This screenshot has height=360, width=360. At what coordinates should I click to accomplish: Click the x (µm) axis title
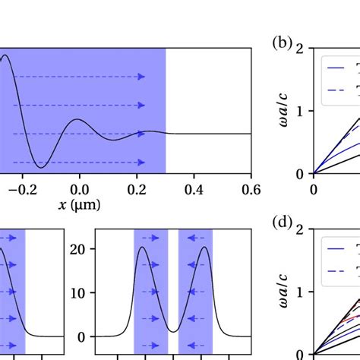[x=77, y=204]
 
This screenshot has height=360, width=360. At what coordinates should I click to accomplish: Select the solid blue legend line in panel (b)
[x=336, y=68]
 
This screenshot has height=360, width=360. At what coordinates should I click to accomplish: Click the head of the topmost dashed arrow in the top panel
[x=141, y=77]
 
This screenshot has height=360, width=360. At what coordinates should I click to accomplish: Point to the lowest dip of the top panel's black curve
[x=43, y=166]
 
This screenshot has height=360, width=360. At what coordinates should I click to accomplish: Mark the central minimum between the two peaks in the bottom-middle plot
[x=173, y=331]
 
